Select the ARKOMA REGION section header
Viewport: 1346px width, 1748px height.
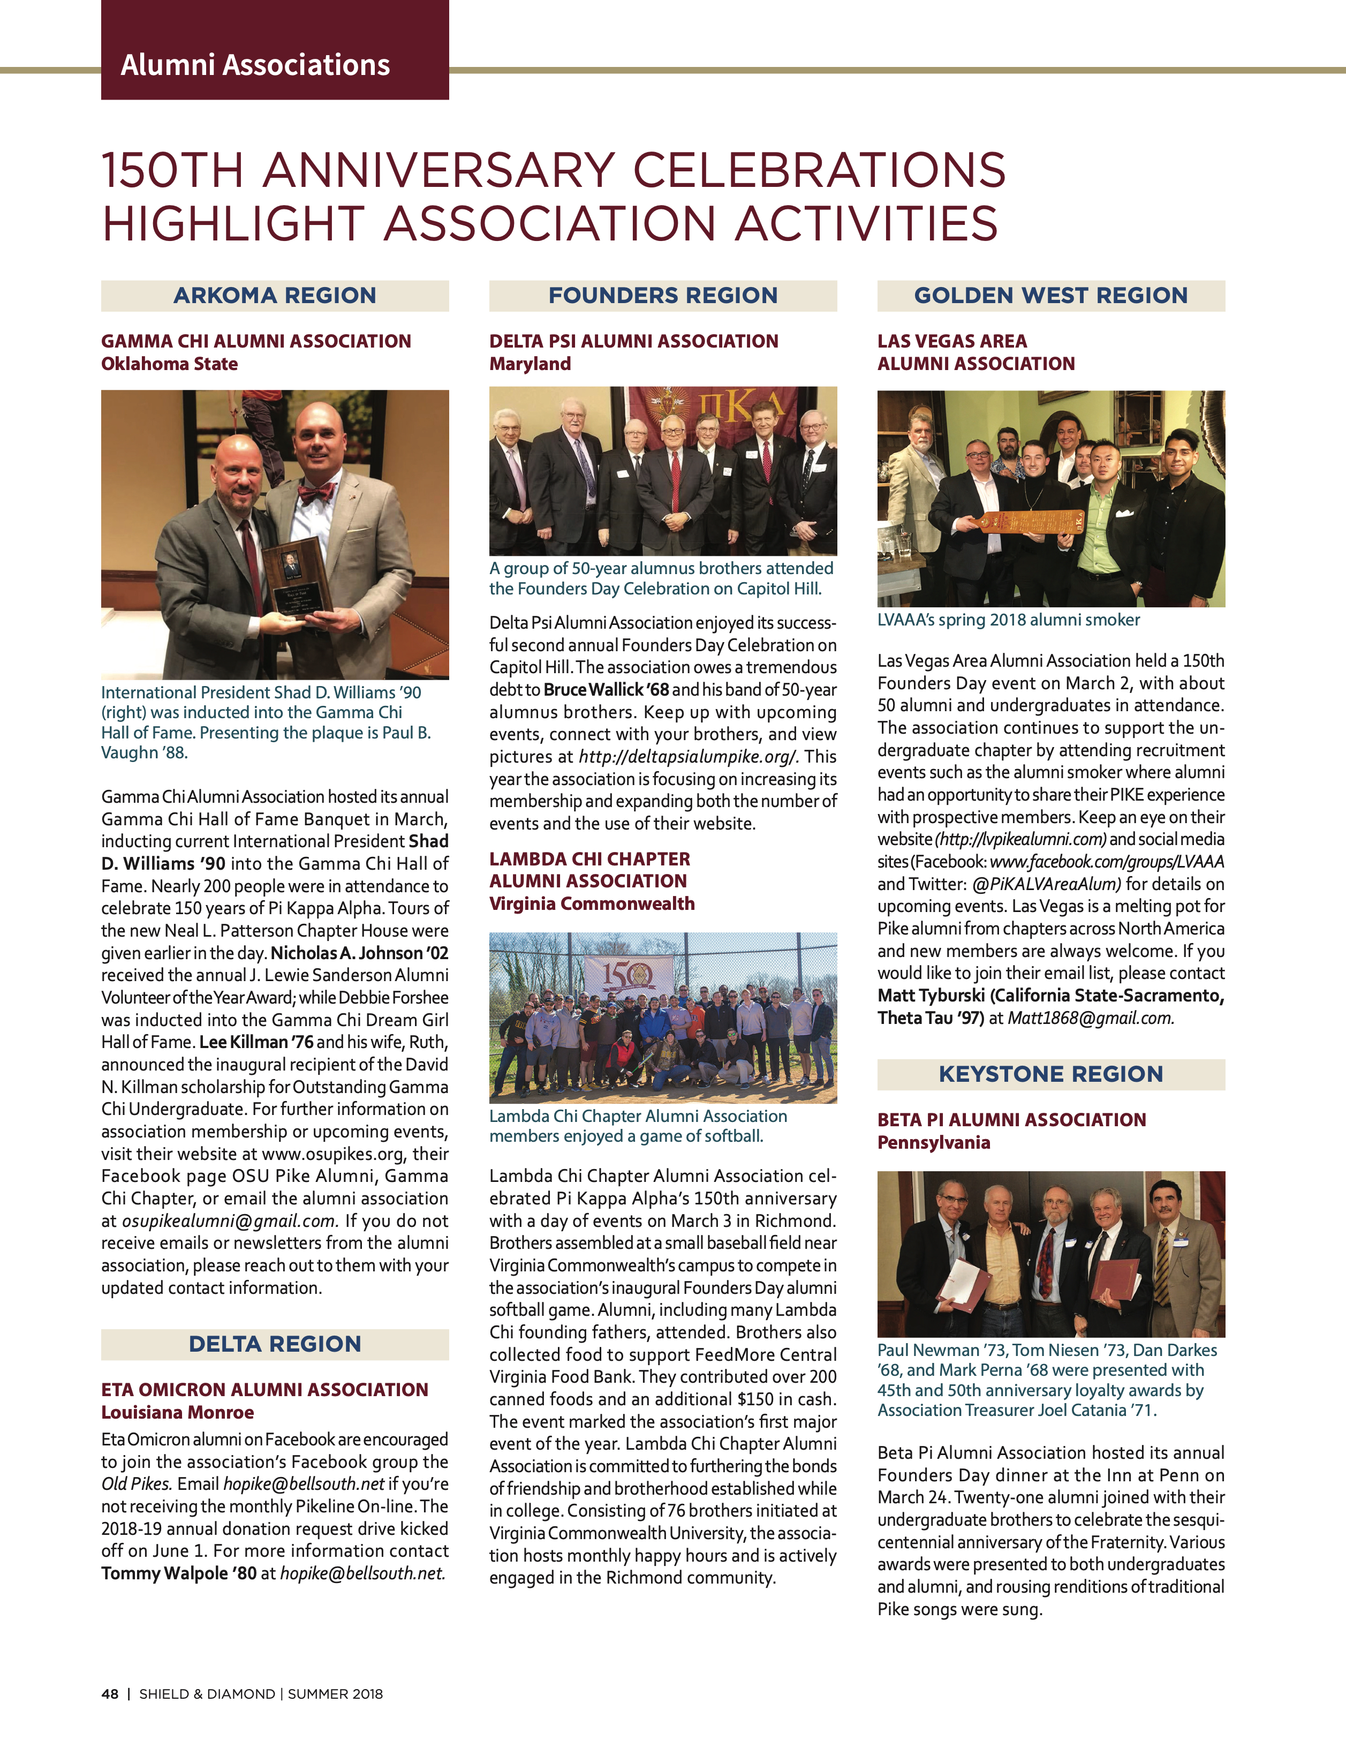(x=275, y=295)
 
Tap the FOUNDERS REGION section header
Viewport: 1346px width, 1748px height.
(x=663, y=295)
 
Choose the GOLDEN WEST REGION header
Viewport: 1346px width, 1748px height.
(x=1050, y=295)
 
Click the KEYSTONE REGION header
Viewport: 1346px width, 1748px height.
(x=1050, y=1074)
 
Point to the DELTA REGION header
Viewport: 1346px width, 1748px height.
(x=275, y=1344)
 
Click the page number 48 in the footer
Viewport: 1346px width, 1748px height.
(x=110, y=1693)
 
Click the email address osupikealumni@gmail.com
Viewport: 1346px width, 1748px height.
(x=229, y=1220)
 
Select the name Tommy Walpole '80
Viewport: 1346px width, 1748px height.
(x=178, y=1573)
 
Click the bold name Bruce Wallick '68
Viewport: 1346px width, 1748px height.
(x=606, y=689)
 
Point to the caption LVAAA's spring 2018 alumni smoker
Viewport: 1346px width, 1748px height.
(x=1008, y=620)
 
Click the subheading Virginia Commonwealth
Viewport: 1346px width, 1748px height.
(x=592, y=903)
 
